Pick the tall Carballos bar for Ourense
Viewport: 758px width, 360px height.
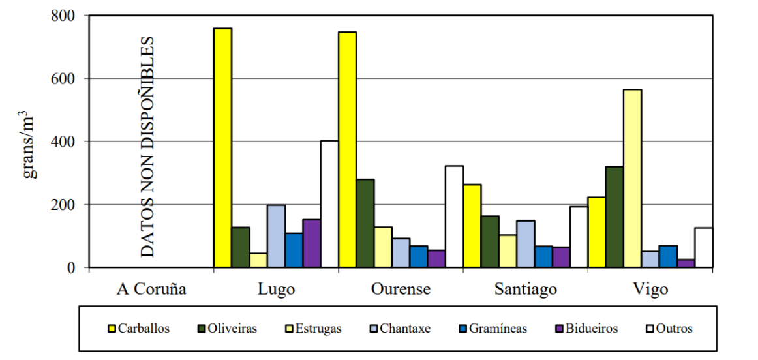pos(347,149)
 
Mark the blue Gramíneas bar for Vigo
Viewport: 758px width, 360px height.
pos(668,256)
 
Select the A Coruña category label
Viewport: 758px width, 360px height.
pos(152,289)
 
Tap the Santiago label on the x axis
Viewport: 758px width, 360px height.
pos(525,289)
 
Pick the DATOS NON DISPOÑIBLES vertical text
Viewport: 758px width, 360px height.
pos(149,147)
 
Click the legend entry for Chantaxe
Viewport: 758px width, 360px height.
pos(402,329)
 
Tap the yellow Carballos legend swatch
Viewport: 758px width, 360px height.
pos(111,329)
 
